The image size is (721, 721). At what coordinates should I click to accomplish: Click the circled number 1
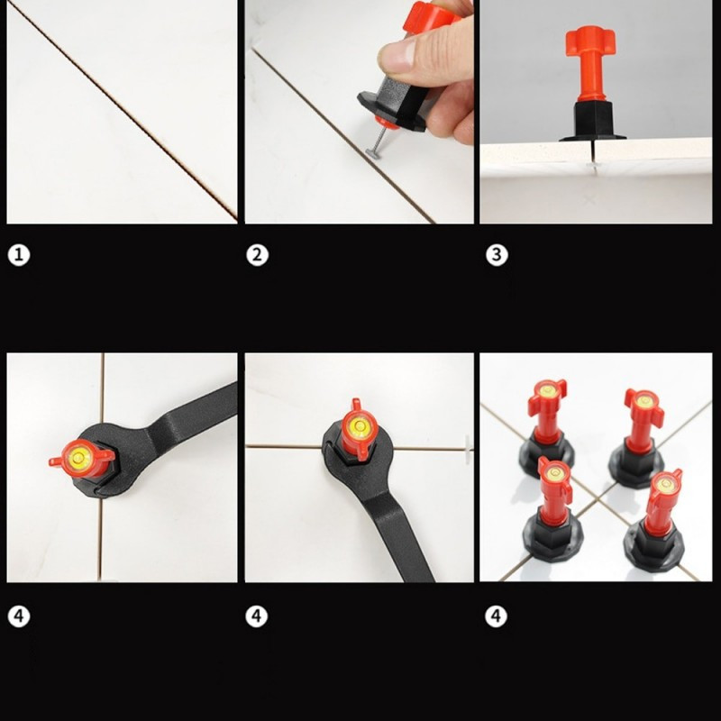[19, 255]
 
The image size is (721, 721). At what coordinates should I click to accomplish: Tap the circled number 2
[257, 255]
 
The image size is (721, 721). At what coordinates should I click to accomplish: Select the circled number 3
[497, 255]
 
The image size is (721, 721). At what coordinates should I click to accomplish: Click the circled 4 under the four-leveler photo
[497, 616]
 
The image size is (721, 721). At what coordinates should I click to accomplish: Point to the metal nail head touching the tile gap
[371, 151]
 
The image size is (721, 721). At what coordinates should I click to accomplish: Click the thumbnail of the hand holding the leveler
[359, 112]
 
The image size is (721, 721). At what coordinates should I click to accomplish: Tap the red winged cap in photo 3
[590, 41]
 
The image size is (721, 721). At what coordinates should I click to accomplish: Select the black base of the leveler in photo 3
[593, 122]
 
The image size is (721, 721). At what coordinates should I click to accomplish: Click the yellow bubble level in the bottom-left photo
[78, 458]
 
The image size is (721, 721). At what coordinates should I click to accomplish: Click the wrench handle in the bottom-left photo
[196, 407]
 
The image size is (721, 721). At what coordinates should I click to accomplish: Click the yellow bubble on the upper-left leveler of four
[547, 390]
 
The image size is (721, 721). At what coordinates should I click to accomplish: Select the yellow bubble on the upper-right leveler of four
[643, 400]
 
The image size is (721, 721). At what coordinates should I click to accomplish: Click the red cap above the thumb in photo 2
[430, 18]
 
